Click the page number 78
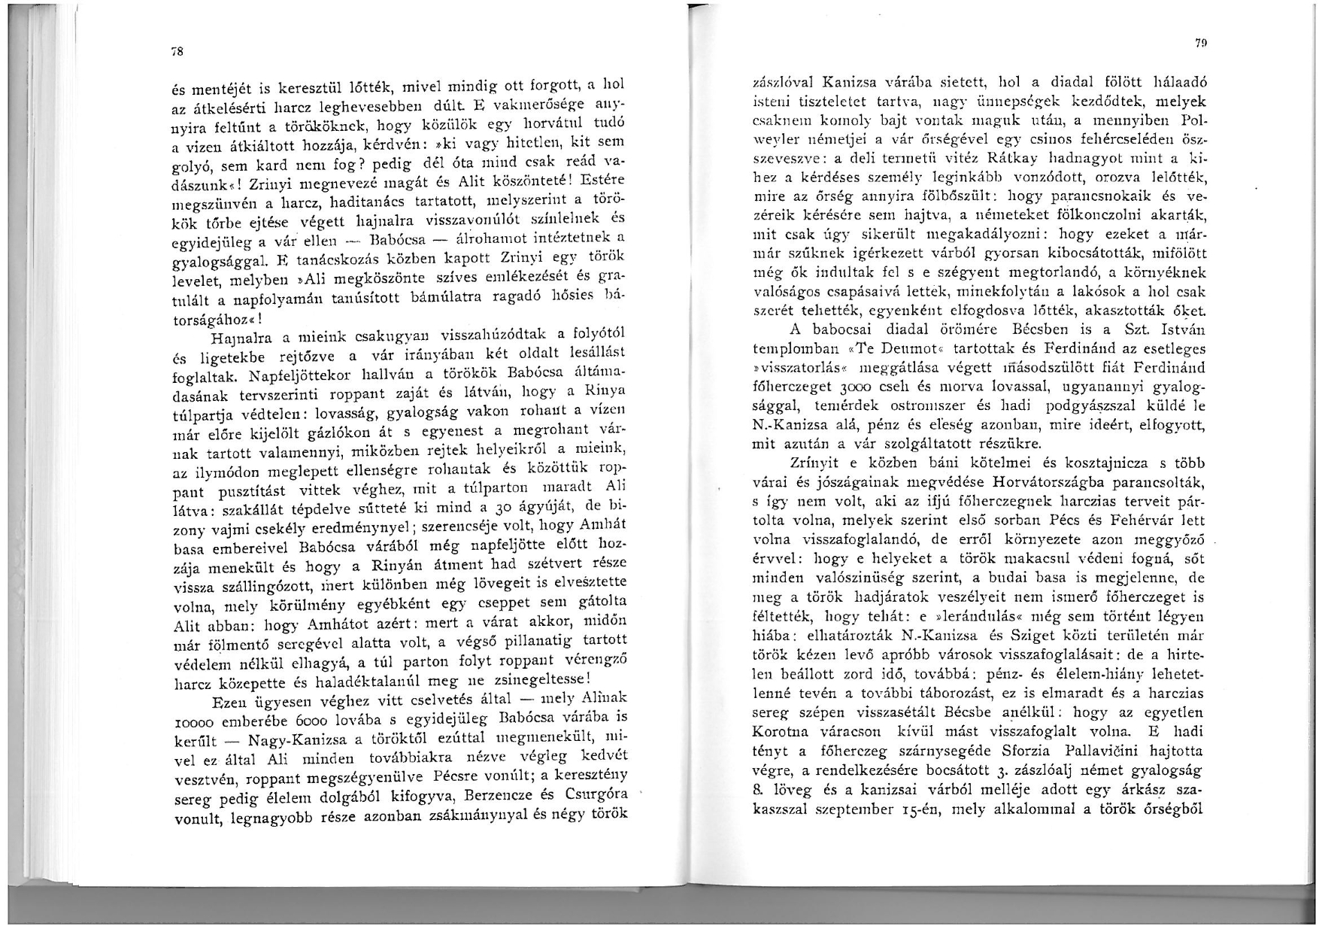point(176,52)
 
